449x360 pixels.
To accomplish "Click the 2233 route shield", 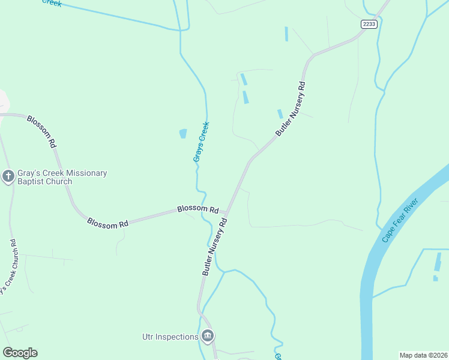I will coord(369,24).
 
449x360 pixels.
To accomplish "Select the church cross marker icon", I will coord(8,176).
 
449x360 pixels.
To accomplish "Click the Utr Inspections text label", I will coord(170,337).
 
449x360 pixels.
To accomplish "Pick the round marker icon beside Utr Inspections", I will coord(208,335).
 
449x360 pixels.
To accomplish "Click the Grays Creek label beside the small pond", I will coord(200,142).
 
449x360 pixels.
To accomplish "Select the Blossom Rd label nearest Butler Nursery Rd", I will coord(197,209).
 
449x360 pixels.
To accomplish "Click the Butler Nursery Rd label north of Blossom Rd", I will coord(291,109).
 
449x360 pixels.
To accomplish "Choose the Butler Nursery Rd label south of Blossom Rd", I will coord(214,247).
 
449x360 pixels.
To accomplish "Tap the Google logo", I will coord(20,353).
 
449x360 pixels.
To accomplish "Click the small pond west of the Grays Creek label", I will coord(182,134).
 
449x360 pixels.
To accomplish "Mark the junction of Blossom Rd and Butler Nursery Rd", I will coord(226,212).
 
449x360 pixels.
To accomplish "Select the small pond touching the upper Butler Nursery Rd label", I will coord(280,113).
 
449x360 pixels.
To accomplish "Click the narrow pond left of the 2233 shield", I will coord(286,34).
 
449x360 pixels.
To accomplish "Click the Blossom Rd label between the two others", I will coord(107,223).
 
